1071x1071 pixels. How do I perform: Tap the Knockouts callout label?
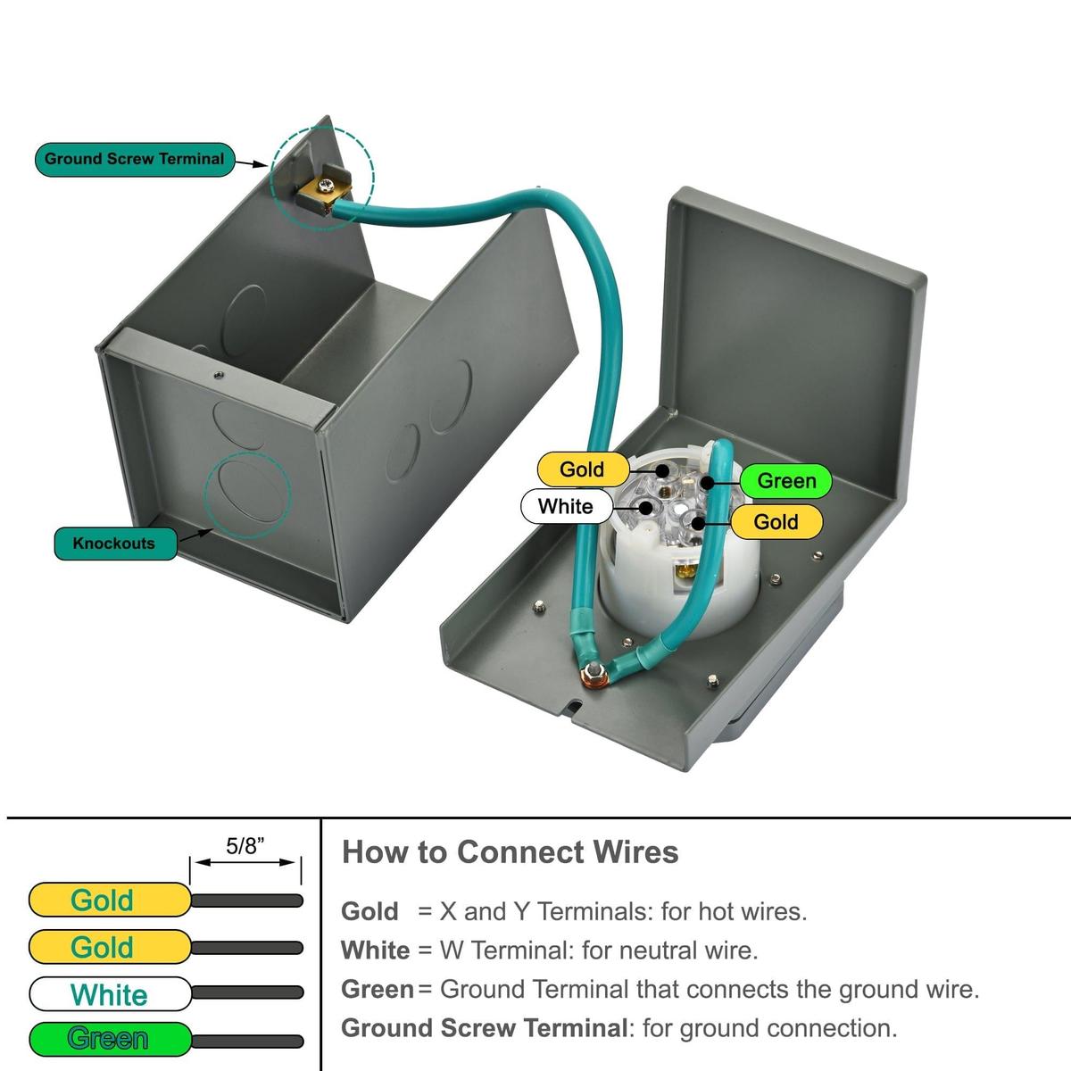[113, 544]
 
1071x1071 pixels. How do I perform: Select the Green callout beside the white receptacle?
[786, 481]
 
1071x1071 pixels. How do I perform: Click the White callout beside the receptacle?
[566, 507]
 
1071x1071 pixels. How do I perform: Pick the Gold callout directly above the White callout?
[582, 469]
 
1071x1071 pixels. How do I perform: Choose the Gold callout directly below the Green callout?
[776, 522]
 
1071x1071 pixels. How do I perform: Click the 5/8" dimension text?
[242, 846]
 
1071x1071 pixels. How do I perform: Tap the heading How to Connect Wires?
[510, 852]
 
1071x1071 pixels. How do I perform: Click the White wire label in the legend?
[109, 994]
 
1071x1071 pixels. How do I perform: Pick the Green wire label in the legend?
[109, 1039]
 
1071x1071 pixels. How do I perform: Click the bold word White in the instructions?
[375, 951]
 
